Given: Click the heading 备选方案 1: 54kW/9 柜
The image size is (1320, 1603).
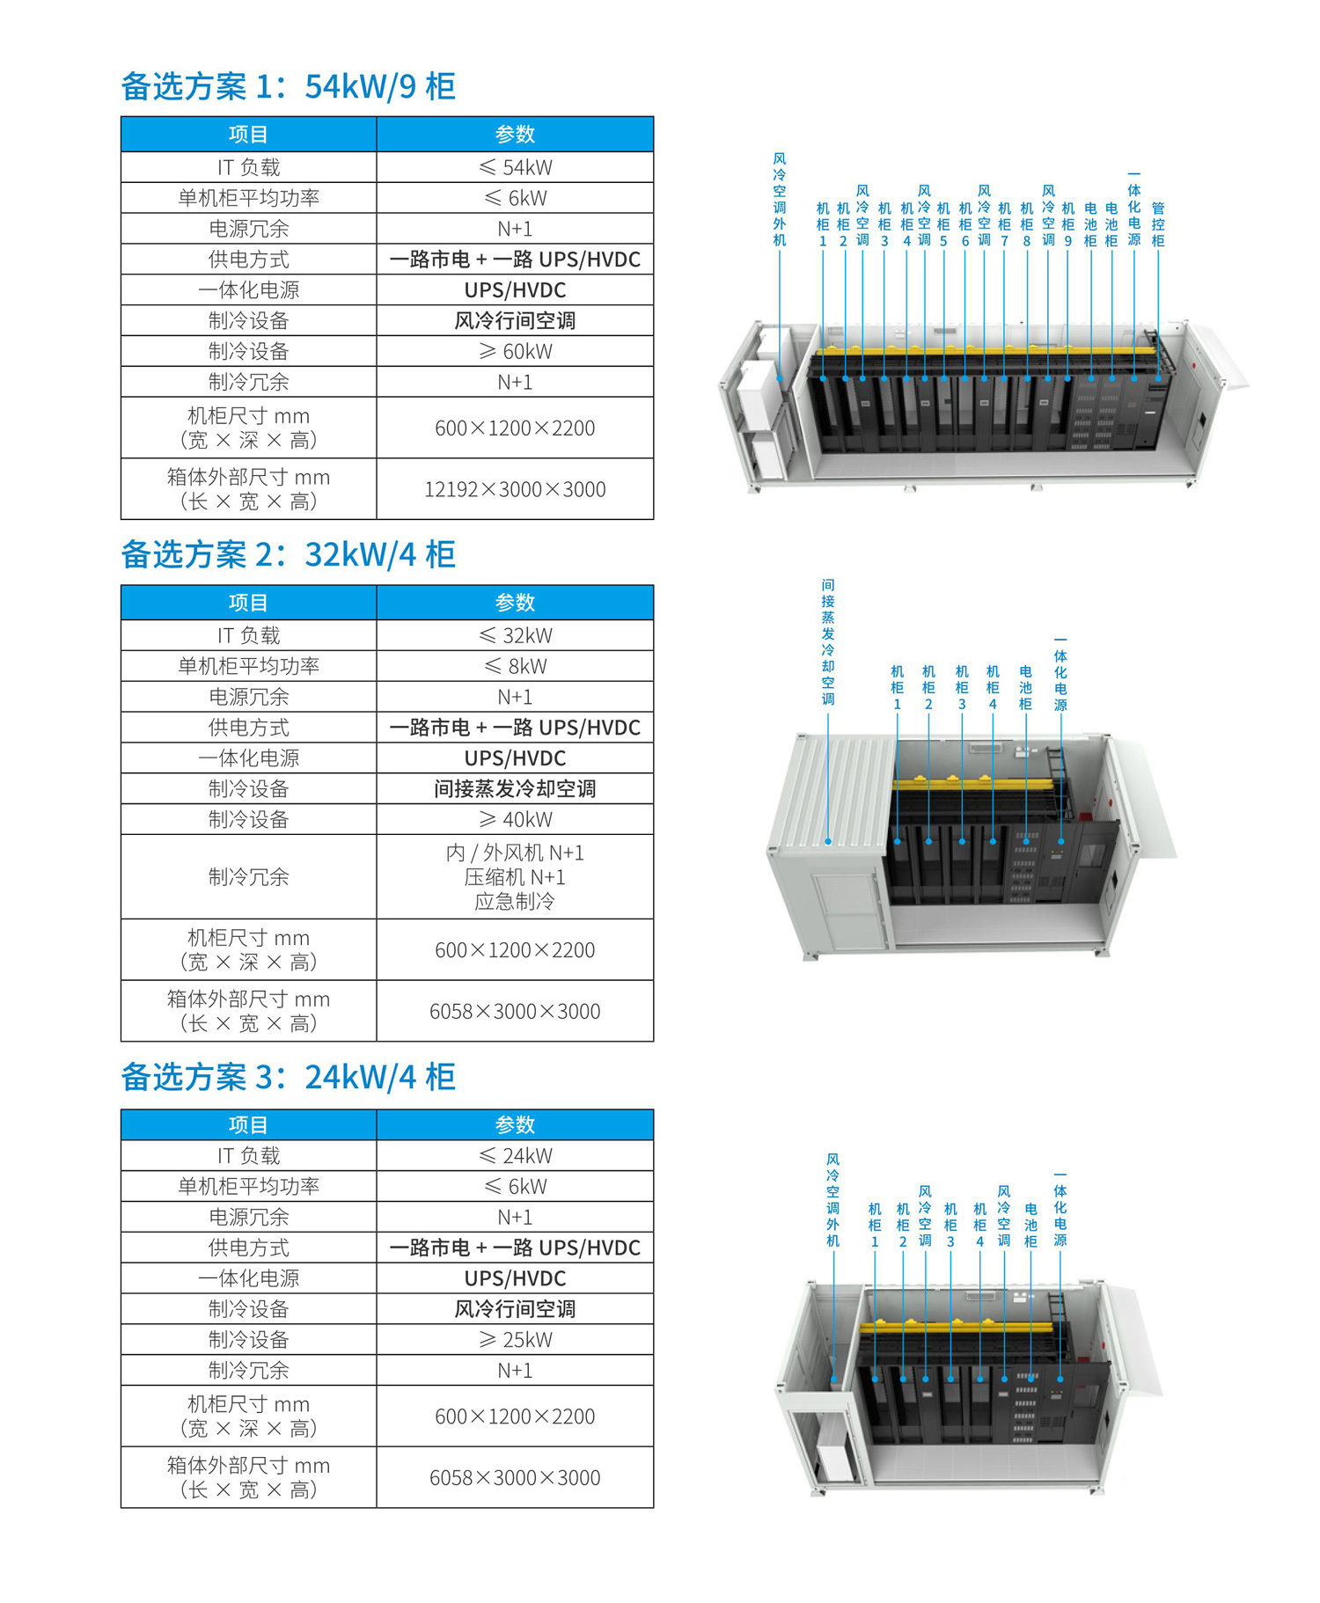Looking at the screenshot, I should (x=288, y=86).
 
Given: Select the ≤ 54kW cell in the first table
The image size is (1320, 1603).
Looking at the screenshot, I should (x=515, y=167).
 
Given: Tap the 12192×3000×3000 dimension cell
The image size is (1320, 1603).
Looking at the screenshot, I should (x=515, y=489).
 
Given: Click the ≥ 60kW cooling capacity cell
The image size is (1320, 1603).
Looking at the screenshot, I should (x=515, y=351).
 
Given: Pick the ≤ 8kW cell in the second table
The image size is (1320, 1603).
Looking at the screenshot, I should (x=515, y=666).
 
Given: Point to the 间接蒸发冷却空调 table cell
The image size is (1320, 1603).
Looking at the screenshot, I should (x=515, y=788).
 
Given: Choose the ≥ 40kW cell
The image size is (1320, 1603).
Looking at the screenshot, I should (x=515, y=819).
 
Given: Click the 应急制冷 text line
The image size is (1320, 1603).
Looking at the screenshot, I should (x=515, y=901).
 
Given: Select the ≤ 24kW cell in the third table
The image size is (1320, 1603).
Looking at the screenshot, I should (x=515, y=1155).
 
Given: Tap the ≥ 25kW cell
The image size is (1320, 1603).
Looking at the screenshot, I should (x=515, y=1339).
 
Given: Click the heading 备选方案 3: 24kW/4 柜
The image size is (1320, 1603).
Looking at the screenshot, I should (x=288, y=1077).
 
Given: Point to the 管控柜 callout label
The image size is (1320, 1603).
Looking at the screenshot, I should (x=1158, y=224).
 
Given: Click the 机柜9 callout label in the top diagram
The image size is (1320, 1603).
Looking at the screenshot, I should (x=1068, y=224).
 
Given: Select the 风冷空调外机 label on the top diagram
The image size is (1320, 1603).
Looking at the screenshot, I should (x=780, y=200).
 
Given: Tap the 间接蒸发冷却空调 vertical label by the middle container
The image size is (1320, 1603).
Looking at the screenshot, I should (x=828, y=642).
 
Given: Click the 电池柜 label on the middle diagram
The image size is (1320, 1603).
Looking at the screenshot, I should (x=1025, y=688).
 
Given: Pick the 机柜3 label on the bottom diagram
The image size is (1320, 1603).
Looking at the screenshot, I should (x=950, y=1225).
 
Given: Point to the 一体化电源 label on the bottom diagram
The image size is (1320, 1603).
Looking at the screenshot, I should (x=1060, y=1209).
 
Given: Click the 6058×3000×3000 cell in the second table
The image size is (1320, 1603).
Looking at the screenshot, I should (x=515, y=1011).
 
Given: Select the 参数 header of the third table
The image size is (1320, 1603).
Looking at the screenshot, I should (x=515, y=1124).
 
